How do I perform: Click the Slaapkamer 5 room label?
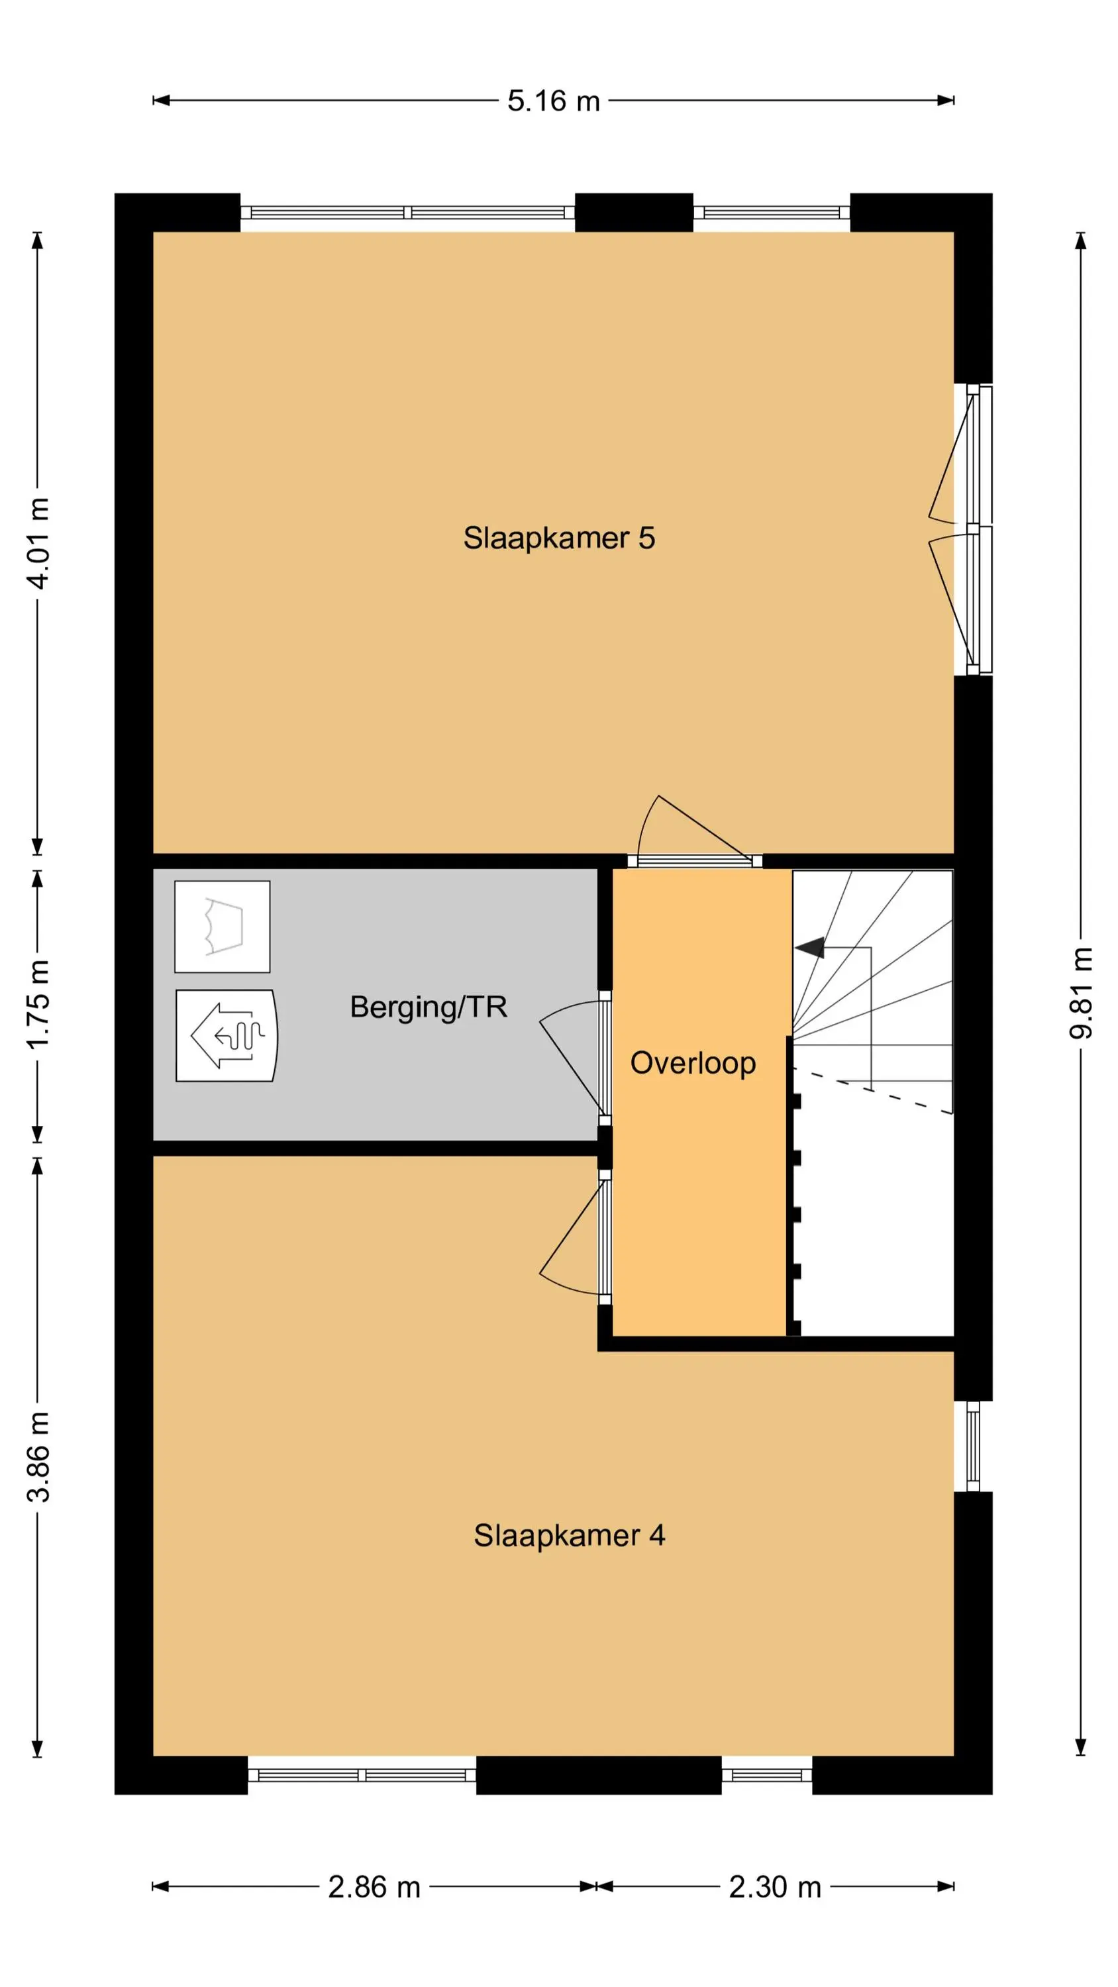[558, 538]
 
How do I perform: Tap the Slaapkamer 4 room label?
[569, 1535]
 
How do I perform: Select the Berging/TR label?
[429, 1007]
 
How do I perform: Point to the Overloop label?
[693, 1063]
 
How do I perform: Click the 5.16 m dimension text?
[553, 101]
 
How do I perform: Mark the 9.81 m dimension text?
[1081, 993]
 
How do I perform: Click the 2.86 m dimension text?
[374, 1887]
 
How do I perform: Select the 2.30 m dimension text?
[775, 1887]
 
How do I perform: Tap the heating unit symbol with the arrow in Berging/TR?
[226, 1035]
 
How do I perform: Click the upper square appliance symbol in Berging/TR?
[223, 927]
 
